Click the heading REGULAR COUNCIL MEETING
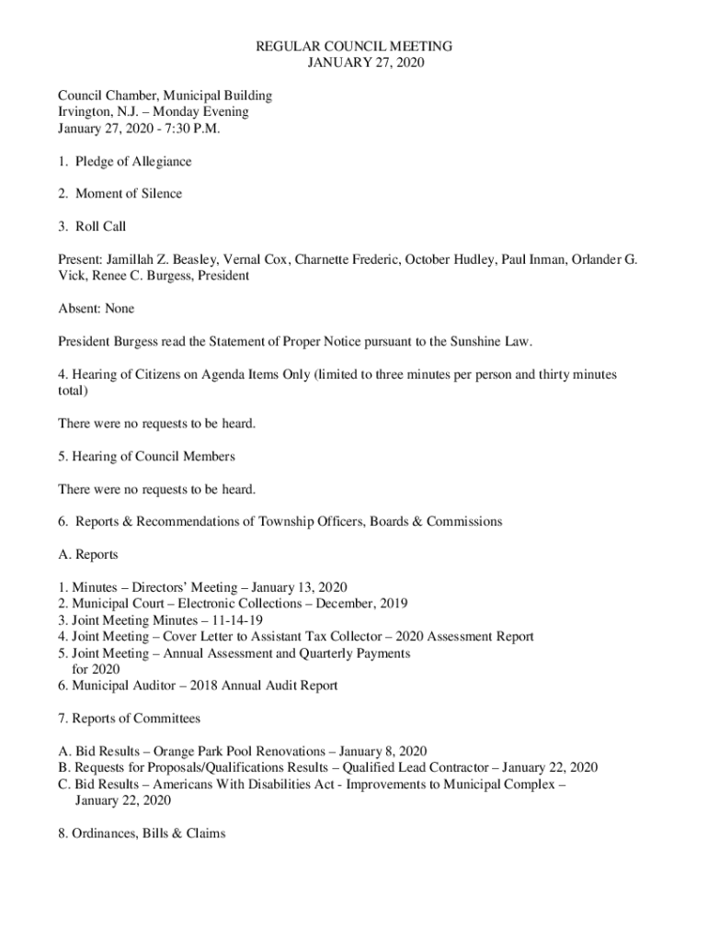354,46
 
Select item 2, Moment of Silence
120,194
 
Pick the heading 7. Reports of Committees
129,718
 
